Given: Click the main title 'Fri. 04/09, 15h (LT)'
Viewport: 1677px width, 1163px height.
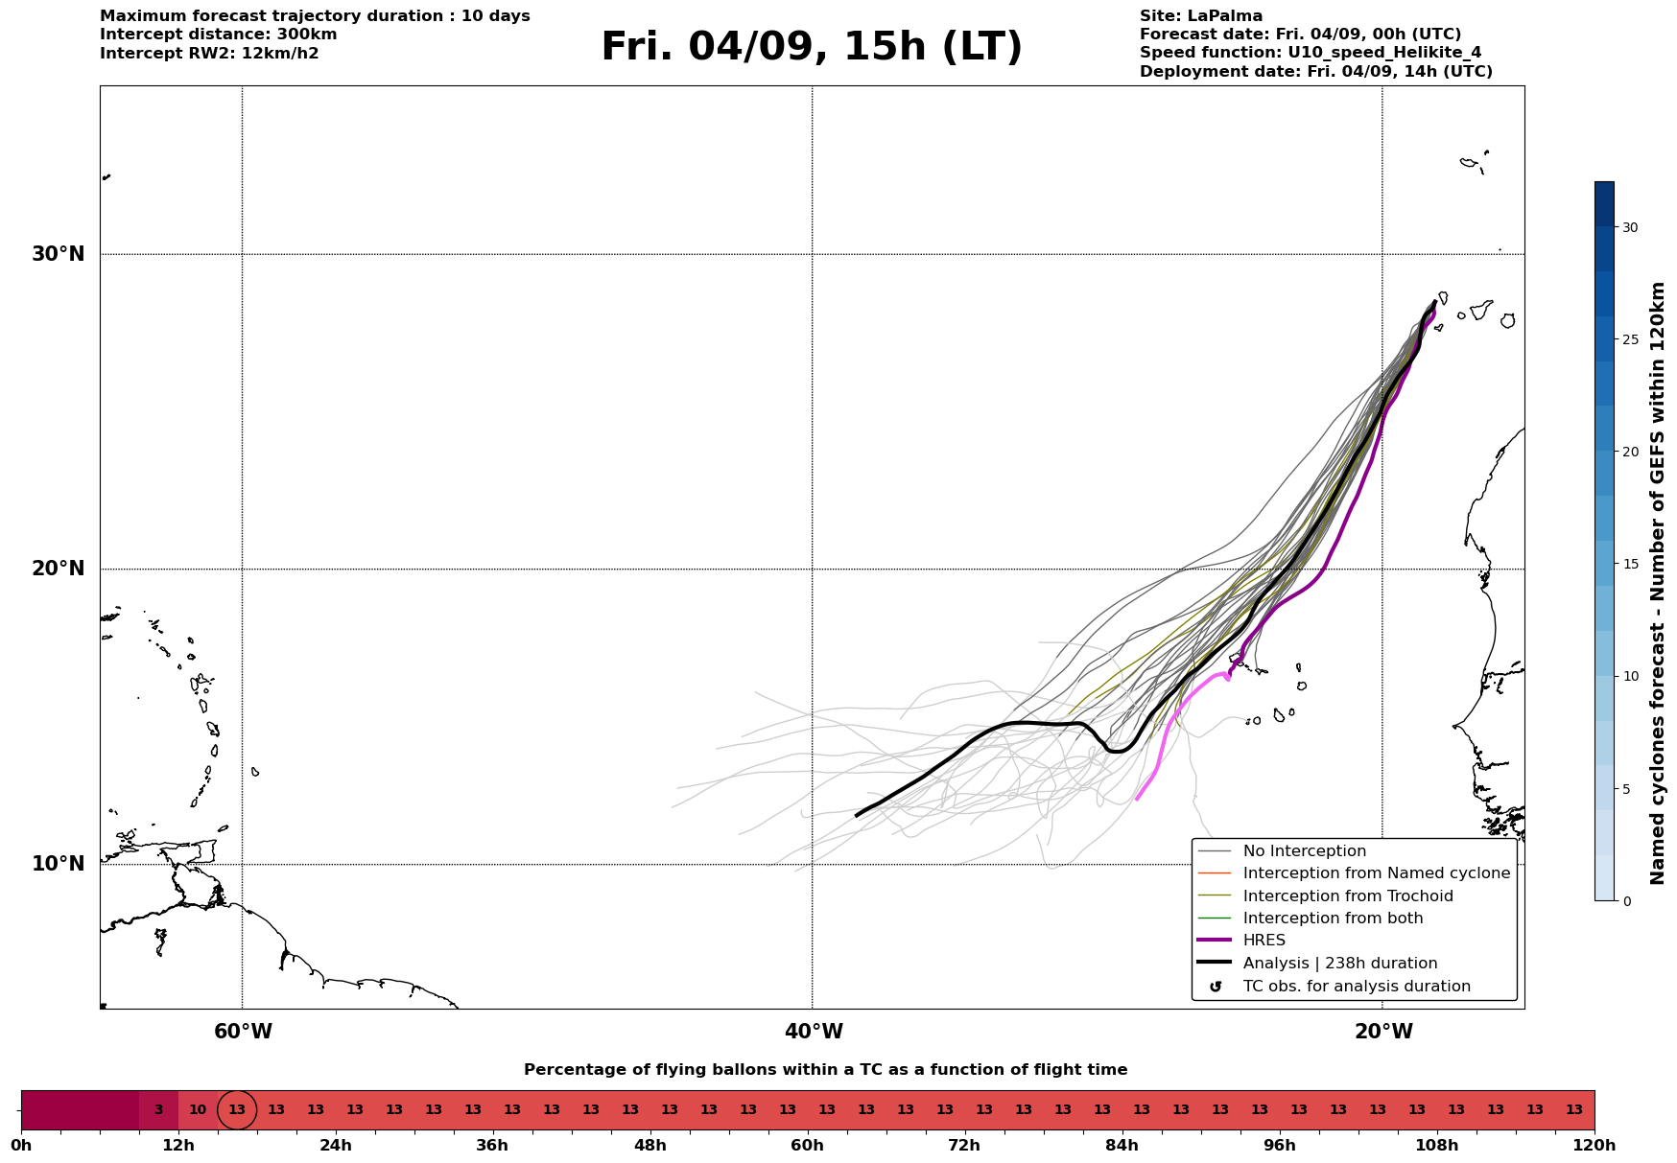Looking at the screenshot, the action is click(812, 47).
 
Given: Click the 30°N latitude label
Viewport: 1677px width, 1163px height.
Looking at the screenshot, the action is click(59, 254).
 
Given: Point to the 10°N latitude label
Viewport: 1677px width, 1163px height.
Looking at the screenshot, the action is click(59, 864).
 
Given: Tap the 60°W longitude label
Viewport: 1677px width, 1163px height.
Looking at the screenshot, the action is click(243, 1032).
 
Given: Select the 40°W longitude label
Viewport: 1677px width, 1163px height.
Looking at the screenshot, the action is click(814, 1032).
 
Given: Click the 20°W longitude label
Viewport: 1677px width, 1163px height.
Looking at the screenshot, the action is click(1383, 1032).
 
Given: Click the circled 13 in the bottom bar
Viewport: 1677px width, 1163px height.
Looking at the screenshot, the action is click(237, 1110).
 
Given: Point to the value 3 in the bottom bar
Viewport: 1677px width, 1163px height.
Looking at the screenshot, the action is click(158, 1110).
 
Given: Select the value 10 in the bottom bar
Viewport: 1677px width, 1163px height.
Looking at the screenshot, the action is click(198, 1110).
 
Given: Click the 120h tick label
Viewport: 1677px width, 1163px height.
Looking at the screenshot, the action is click(1594, 1145).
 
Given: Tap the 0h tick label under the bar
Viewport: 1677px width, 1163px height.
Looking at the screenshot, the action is click(21, 1145).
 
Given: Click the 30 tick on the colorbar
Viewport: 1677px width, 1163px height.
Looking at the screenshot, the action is click(1630, 227).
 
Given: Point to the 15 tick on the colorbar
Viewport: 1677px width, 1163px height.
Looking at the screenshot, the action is click(1630, 564).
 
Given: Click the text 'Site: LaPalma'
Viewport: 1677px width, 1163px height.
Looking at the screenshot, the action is click(1201, 16).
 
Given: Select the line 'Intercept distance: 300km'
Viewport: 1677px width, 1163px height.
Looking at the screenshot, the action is click(219, 35).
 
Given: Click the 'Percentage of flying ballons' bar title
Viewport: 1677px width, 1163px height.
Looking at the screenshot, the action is click(826, 1070).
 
